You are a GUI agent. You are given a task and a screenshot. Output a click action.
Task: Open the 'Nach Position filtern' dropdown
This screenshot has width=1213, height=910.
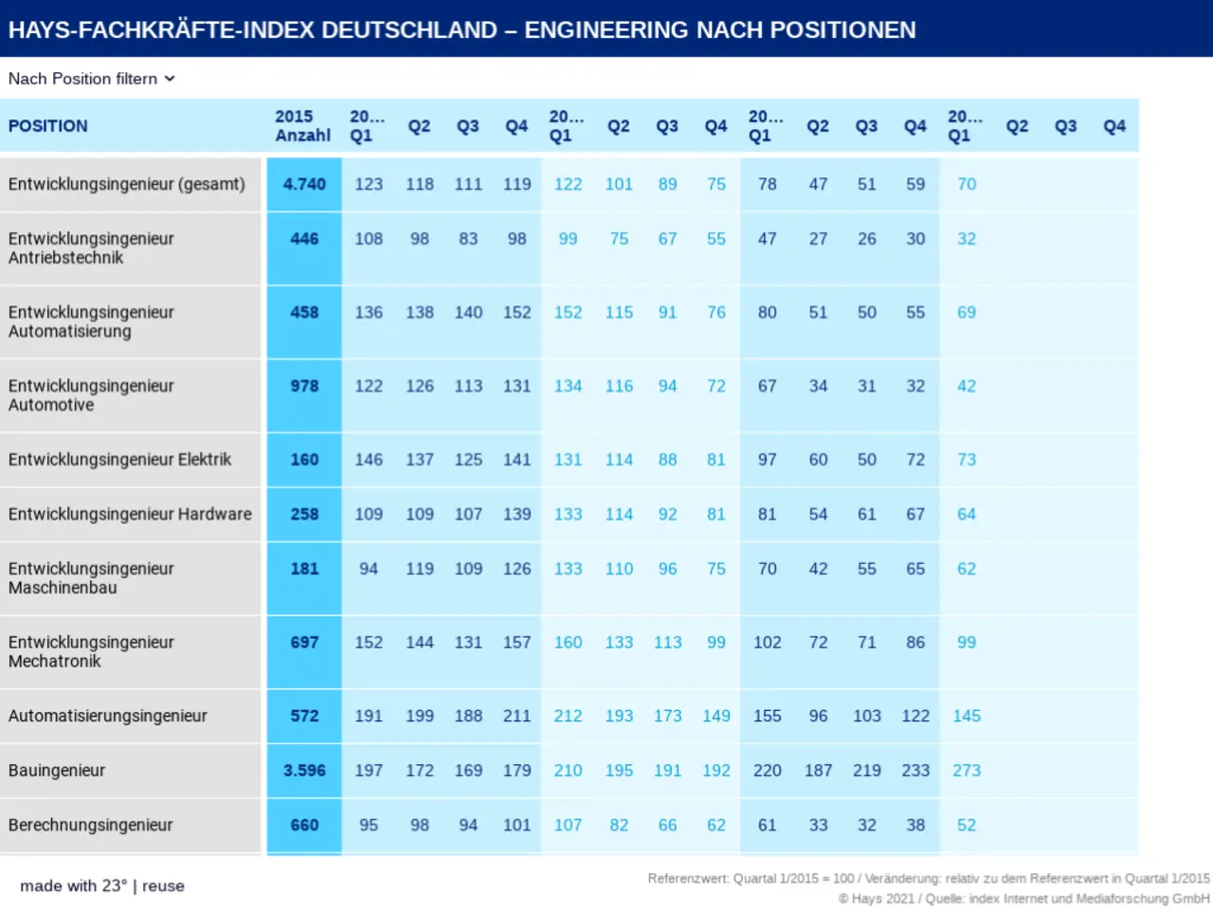[92, 79]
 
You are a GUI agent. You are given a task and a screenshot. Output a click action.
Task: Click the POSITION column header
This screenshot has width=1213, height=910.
[48, 126]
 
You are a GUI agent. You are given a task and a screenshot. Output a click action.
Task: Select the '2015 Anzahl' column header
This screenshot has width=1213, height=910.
[302, 126]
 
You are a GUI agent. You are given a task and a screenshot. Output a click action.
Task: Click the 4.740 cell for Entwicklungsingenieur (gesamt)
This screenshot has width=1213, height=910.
[304, 184]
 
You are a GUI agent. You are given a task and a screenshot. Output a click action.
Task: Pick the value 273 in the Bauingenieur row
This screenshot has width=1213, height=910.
[967, 771]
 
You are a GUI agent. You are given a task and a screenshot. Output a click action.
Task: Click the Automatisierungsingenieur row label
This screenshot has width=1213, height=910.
[108, 716]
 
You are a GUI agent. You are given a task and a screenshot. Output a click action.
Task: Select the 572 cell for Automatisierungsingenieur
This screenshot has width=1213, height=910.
[304, 716]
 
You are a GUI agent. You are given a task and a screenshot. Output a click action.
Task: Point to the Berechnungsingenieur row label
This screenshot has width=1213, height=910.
[91, 825]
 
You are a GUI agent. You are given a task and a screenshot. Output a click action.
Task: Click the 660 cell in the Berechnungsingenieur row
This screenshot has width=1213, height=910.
[304, 825]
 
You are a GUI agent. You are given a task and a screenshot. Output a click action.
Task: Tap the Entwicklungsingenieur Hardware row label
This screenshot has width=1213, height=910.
[130, 514]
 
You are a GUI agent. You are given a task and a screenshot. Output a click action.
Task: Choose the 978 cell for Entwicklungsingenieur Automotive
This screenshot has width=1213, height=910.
[304, 386]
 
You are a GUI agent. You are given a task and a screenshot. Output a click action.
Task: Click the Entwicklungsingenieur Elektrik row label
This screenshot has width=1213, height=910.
[119, 460]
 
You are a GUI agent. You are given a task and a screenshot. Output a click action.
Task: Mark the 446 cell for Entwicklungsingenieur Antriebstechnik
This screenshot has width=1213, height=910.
[304, 239]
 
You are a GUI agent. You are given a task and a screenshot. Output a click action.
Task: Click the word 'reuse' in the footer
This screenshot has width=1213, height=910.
[163, 886]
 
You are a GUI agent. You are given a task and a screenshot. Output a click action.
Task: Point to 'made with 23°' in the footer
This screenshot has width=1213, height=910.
[73, 886]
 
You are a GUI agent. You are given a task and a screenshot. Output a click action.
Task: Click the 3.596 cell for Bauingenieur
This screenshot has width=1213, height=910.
[304, 771]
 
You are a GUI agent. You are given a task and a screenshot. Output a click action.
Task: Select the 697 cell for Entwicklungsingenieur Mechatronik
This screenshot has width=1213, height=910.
[304, 643]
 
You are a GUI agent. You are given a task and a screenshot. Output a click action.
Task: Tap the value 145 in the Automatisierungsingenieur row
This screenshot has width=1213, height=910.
[967, 716]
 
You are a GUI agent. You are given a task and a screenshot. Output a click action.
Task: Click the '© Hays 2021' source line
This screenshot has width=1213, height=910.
[1023, 899]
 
